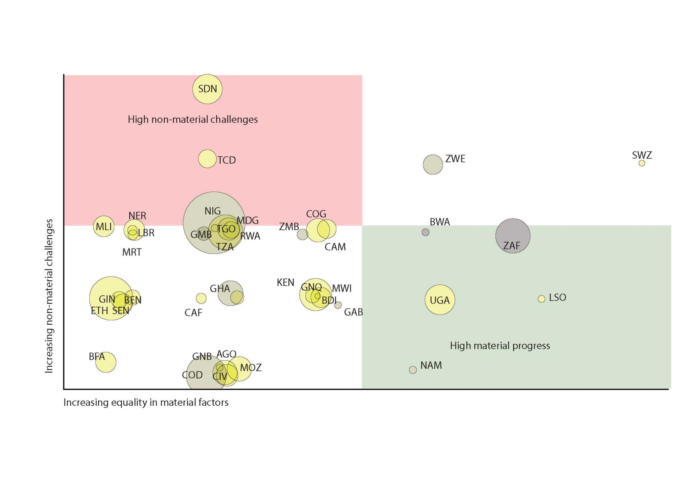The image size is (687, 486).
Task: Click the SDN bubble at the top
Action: pos(207,89)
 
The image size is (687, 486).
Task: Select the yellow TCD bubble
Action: pos(207,159)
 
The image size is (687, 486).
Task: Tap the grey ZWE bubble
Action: pos(433,164)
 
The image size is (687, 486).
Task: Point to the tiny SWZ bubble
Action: pos(642,163)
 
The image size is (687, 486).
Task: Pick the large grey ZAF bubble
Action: pos(513,236)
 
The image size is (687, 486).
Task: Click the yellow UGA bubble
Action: pos(439,300)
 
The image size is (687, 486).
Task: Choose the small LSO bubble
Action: pos(541,299)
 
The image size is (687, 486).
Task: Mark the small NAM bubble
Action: pos(413,370)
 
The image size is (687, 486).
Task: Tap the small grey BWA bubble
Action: pos(425,232)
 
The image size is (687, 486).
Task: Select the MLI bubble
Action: pos(103,226)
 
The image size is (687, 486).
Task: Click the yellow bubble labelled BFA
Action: pos(106,362)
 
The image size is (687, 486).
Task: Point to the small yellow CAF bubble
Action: pos(201,298)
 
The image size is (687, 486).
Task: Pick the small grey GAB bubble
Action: pos(338,305)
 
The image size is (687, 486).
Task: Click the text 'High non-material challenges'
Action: pos(192,119)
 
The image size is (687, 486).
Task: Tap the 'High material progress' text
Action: pos(500,346)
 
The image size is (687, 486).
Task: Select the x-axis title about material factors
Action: pos(146,402)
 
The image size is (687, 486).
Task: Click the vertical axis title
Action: pos(49,296)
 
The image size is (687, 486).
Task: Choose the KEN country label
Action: pos(285,282)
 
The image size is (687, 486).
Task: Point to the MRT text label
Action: pos(132,252)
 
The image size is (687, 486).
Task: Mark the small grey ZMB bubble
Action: pos(302,234)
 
